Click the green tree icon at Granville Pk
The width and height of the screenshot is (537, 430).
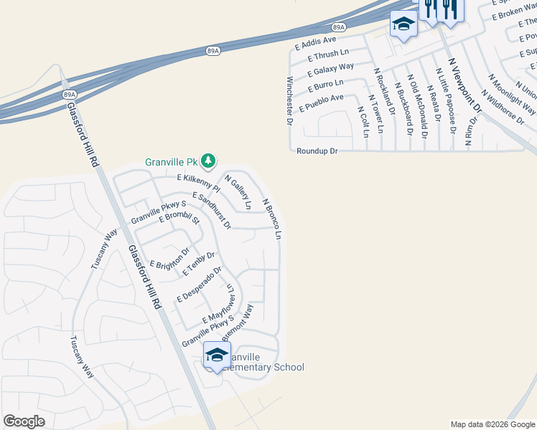208,161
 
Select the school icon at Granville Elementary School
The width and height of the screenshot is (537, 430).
217,355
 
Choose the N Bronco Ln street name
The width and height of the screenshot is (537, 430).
271,219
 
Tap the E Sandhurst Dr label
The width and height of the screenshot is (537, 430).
211,211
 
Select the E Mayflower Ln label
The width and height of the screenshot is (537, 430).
220,305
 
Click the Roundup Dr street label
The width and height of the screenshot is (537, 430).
317,151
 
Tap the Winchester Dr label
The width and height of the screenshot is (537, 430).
290,101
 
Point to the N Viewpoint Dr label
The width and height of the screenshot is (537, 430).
464,86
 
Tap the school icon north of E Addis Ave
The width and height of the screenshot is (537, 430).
403,24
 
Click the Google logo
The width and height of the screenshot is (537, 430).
24,421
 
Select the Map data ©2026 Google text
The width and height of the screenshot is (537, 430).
492,424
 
